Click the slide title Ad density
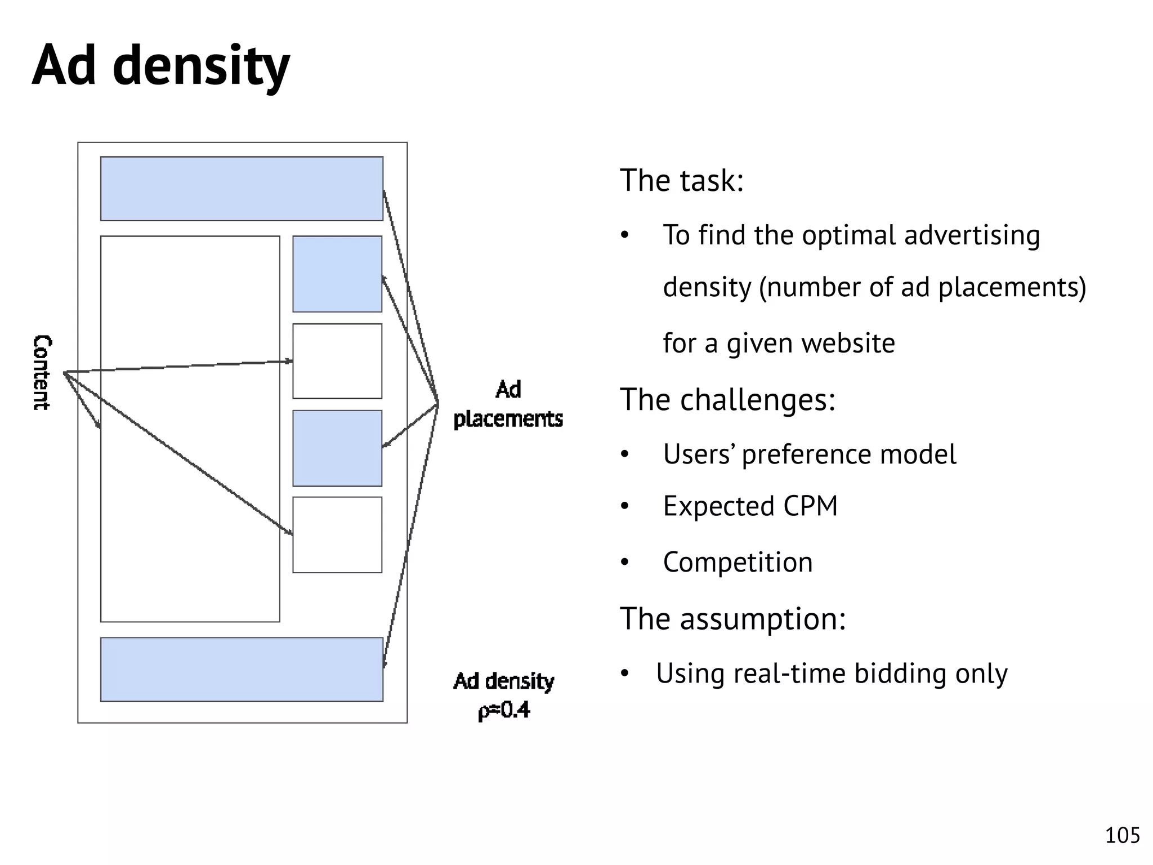tap(160, 66)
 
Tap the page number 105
tap(1122, 835)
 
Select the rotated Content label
tap(42, 372)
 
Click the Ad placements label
tap(508, 404)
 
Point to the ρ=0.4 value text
tap(504, 710)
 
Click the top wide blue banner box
tap(242, 189)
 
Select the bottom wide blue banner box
tap(242, 669)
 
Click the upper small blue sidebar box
tap(337, 274)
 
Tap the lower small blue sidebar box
tap(337, 448)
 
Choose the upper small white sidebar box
tap(337, 361)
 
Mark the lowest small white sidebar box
tap(337, 534)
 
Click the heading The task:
tap(682, 180)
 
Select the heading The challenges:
tap(727, 399)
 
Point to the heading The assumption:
tap(732, 618)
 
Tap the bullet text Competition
tap(738, 562)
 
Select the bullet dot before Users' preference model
tap(624, 454)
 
